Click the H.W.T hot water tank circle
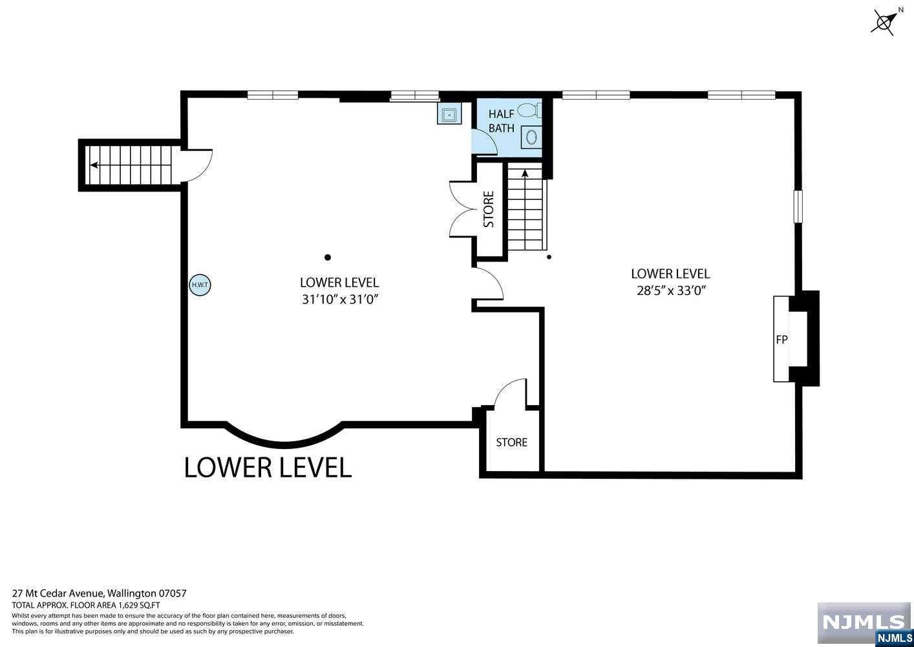(x=200, y=284)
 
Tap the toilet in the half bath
(x=529, y=110)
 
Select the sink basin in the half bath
(x=531, y=137)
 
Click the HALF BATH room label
(x=502, y=121)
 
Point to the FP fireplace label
(x=781, y=339)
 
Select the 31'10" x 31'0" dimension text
(x=340, y=300)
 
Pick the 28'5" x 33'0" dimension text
(x=671, y=291)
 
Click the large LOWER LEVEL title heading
(x=268, y=467)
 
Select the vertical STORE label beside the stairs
(x=489, y=209)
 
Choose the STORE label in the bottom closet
(x=512, y=442)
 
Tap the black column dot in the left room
(x=327, y=258)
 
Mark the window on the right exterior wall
(x=798, y=206)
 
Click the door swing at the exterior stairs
(x=197, y=166)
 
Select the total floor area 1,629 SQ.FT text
(x=86, y=606)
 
